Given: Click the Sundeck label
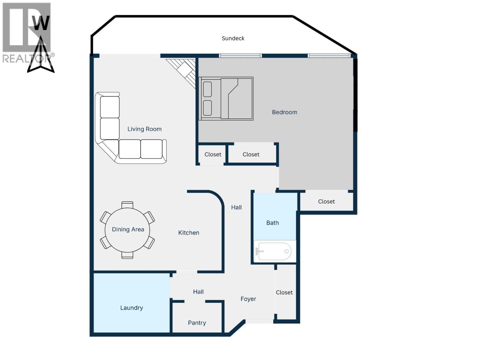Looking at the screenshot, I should coord(233,38).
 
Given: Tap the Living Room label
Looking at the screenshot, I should coord(144,129).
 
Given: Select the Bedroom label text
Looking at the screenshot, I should coord(284,112).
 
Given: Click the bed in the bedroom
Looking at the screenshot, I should coord(226,99).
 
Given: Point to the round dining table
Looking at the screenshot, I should coord(127,230).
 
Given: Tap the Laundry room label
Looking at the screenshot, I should coord(131,308).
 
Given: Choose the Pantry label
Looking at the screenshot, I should coord(197,323).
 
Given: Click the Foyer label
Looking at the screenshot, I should coord(248,299).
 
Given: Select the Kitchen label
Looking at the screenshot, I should coord(188,233).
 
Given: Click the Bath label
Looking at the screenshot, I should coord(272,223).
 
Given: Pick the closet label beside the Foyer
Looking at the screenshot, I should coord(284,292).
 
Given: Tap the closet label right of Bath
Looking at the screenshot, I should coord(326,202).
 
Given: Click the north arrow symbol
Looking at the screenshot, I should coord(41,55).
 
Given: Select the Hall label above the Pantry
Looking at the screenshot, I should coord(198,292).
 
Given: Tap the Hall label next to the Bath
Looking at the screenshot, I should coord(236,207).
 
